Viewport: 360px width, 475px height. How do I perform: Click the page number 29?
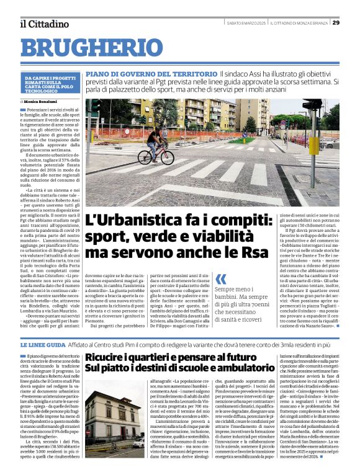pyautogui.click(x=336, y=23)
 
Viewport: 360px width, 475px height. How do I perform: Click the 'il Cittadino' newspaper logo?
pyautogui.click(x=44, y=24)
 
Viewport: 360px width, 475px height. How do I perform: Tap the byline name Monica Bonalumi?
pyautogui.click(x=42, y=100)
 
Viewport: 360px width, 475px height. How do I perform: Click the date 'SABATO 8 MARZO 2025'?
pyautogui.click(x=246, y=24)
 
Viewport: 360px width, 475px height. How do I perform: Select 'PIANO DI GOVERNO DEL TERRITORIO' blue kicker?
pyautogui.click(x=151, y=74)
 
